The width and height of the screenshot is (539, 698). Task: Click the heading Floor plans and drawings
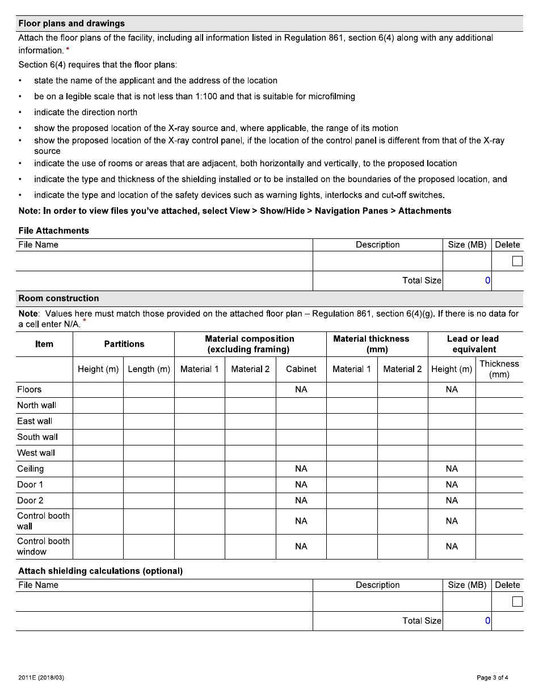(71, 23)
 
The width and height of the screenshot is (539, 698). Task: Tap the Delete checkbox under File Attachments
(517, 261)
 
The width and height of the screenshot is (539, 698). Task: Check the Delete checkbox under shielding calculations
(517, 602)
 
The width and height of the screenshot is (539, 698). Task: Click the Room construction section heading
(58, 298)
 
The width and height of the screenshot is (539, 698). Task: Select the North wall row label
(36, 405)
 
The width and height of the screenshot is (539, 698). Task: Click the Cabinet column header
(301, 369)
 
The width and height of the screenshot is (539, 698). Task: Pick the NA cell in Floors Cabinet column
(301, 389)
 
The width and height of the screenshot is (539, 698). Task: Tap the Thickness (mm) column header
(499, 369)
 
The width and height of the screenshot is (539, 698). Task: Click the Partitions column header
(124, 344)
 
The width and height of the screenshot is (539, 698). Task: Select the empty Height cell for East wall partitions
(98, 421)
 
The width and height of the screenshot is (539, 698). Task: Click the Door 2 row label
(30, 501)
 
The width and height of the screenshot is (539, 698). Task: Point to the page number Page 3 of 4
(492, 678)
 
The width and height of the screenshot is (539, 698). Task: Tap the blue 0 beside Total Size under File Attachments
(487, 280)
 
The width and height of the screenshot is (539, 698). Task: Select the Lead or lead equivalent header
(474, 344)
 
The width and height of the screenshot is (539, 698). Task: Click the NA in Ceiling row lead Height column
(451, 469)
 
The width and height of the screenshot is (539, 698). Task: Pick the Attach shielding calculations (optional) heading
(100, 571)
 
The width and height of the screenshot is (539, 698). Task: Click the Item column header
(44, 344)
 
